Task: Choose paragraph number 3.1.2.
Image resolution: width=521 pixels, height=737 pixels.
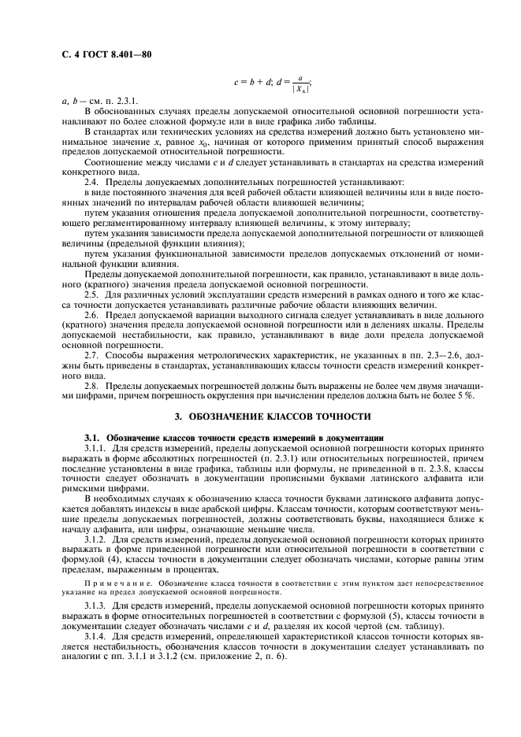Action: [x=96, y=541]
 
